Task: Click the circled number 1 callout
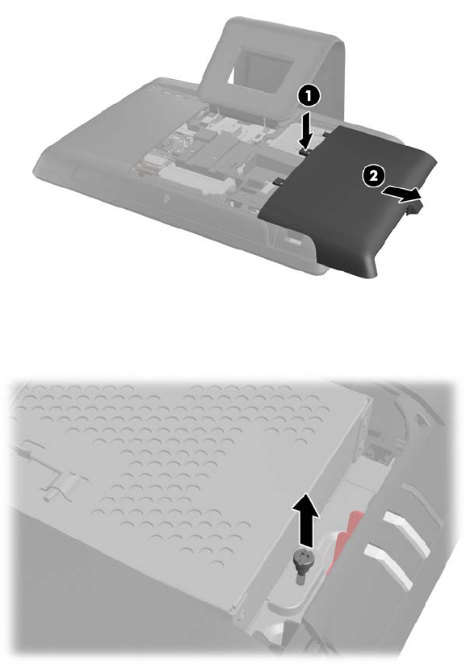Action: (x=309, y=97)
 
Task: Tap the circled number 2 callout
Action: (x=373, y=175)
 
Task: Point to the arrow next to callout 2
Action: (x=401, y=194)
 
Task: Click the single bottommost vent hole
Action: (x=217, y=565)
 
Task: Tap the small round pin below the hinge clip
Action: (x=48, y=496)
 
